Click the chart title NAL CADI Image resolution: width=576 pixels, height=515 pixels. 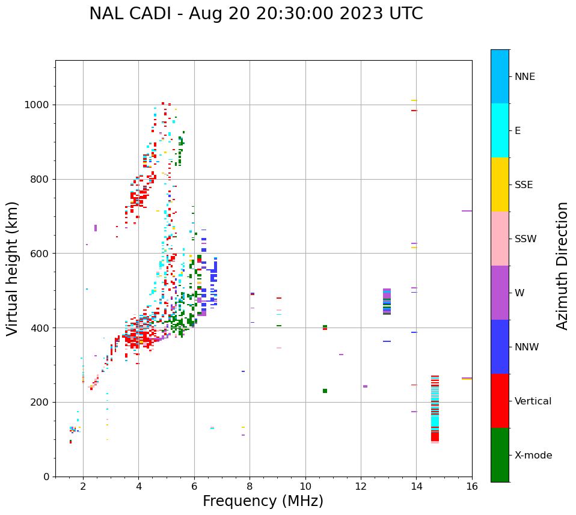(x=256, y=14)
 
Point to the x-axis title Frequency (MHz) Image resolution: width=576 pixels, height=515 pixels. (x=263, y=501)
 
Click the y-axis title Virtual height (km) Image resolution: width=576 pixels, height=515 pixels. (x=13, y=268)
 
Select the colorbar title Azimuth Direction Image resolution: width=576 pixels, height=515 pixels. (x=562, y=265)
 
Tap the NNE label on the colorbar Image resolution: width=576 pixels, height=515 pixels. (x=524, y=77)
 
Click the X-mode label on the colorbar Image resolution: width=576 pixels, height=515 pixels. (x=533, y=456)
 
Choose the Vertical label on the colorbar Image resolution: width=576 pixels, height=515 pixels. (x=533, y=401)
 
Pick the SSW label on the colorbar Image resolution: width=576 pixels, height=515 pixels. (x=525, y=239)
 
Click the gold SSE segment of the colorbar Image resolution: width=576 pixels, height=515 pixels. (x=500, y=184)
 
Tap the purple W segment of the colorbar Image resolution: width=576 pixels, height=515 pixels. (x=500, y=293)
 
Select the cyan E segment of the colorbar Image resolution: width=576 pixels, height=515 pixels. (x=500, y=130)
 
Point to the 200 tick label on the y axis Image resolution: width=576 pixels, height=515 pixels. (x=42, y=403)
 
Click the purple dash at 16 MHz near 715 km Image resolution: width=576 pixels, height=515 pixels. (x=467, y=211)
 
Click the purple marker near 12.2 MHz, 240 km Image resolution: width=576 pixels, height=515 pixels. (x=365, y=386)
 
